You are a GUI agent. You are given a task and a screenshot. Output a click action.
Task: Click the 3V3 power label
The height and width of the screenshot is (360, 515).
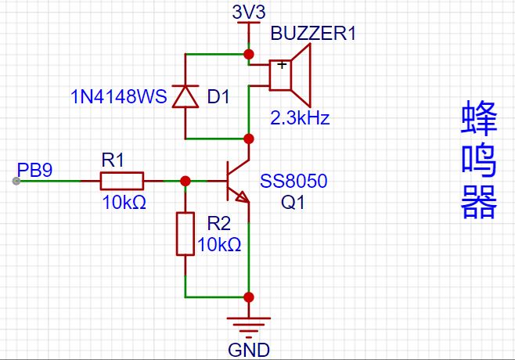coord(249,13)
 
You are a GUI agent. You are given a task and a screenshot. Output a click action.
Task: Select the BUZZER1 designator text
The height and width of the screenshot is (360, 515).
coord(313,33)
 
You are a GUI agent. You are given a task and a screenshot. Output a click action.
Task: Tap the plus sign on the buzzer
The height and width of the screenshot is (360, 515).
coord(282,64)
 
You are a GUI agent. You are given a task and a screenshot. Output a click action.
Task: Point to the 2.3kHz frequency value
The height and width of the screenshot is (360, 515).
coord(300,117)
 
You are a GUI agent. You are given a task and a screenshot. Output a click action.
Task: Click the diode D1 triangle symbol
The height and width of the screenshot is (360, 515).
coord(185,96)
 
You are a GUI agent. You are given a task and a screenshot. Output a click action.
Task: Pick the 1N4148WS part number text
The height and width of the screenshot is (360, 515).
coord(119,96)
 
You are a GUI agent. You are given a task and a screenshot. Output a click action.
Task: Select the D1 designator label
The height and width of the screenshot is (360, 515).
coord(218,97)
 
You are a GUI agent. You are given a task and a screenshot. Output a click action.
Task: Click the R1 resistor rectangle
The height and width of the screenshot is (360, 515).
coord(122,181)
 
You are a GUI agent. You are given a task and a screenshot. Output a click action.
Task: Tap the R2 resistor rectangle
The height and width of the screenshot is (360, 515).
coord(185,234)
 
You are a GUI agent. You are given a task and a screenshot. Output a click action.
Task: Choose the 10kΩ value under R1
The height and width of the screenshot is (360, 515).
coord(124,202)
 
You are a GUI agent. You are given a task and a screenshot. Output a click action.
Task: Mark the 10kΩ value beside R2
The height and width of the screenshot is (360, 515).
coord(219,244)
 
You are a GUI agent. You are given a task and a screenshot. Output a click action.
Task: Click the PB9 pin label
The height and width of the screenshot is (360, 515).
coord(34,170)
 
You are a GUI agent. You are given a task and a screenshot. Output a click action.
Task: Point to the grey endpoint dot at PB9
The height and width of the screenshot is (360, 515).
coord(16,181)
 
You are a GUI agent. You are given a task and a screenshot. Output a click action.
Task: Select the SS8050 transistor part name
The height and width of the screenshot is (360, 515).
coord(294,181)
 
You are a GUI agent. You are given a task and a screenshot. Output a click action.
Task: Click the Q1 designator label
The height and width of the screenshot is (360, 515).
coord(293,202)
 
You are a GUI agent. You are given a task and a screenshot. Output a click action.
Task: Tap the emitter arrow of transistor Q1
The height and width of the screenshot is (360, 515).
coord(243,196)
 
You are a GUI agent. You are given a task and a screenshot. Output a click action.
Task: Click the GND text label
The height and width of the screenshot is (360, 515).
coord(249,350)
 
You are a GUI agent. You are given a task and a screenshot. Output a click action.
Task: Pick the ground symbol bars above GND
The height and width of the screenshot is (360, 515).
coord(249,327)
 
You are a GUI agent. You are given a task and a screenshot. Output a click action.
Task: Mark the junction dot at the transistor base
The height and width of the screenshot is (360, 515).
coord(185,181)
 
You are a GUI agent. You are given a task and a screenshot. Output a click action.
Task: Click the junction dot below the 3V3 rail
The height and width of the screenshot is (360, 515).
coord(249,54)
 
